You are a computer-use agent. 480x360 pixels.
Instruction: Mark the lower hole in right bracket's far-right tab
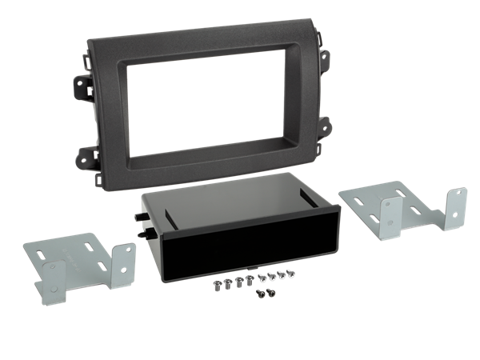pyautogui.click(x=458, y=217)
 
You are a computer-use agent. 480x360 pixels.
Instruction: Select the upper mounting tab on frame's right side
pyautogui.click(x=326, y=57)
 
